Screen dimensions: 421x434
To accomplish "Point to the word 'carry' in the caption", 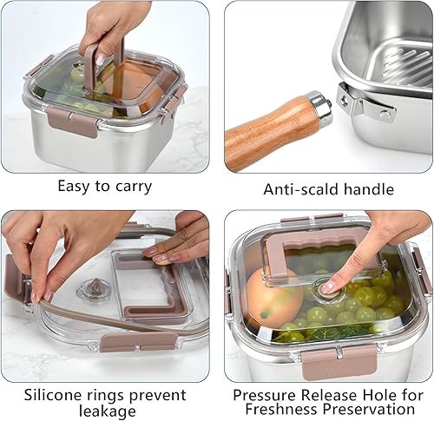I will pos(132,186).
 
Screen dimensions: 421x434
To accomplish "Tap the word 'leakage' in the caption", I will pos(104,411).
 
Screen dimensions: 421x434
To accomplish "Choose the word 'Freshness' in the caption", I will pos(279,409).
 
